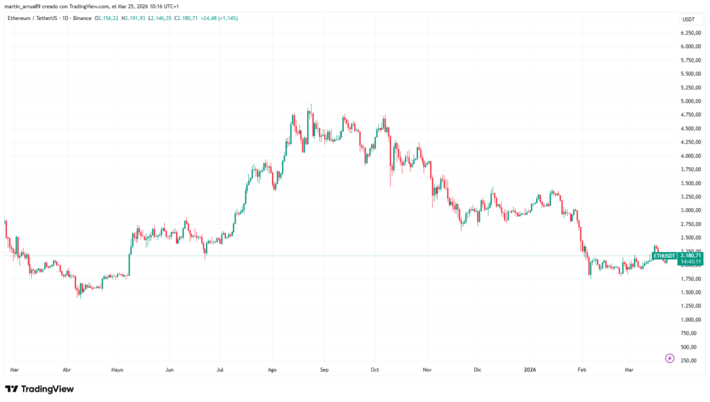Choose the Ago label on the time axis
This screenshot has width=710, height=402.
(x=272, y=370)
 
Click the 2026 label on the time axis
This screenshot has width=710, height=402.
(x=530, y=370)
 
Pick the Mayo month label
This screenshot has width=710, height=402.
(x=117, y=370)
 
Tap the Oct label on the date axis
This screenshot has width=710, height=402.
(x=375, y=370)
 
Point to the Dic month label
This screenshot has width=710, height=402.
(x=477, y=370)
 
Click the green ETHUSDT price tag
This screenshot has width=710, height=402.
(x=665, y=256)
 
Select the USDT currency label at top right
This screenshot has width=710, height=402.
(x=689, y=19)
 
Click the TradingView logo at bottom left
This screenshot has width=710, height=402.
(x=40, y=389)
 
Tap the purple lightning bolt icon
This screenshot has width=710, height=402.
(x=669, y=358)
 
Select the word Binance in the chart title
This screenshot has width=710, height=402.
(x=83, y=18)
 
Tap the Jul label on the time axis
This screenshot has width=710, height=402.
(x=220, y=370)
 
